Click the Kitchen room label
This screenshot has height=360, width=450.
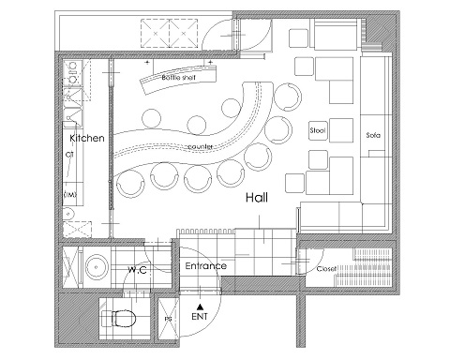pos(87,138)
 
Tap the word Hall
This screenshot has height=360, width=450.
pos(257,198)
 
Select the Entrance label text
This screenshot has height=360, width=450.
pos(206,266)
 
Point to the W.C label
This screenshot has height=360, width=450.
pos(137,270)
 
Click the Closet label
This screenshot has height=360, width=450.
pos(326,269)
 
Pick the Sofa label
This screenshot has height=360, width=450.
pos(373,135)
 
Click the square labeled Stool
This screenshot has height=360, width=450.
pos(319,130)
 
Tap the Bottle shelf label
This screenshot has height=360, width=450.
pos(179,77)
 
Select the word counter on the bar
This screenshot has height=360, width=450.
pos(201,146)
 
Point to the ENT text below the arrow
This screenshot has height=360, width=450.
pos(200,317)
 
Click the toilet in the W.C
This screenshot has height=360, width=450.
pos(124,319)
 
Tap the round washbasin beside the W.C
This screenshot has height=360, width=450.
pos(97,266)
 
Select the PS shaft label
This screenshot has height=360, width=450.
pos(168,319)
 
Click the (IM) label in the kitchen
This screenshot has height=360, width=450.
pos(70,194)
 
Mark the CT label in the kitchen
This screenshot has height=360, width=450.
pos(69,155)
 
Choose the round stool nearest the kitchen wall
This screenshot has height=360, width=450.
pos(130,185)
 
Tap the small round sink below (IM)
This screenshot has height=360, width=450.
pos(68,214)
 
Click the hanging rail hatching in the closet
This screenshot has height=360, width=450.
pos(364,267)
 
